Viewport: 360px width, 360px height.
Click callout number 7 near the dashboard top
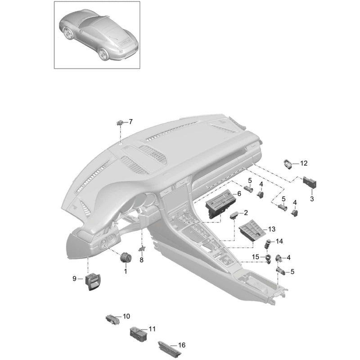point(130,121)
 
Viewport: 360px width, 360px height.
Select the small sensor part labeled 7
point(120,122)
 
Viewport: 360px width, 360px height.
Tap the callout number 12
point(303,163)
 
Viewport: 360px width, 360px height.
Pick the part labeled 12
point(288,164)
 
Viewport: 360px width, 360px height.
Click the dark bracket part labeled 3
point(310,183)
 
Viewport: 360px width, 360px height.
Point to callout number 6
point(239,194)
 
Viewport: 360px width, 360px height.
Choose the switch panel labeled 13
point(252,230)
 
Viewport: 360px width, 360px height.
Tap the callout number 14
point(279,241)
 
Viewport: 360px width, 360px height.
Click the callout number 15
point(256,257)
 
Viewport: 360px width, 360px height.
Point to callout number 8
point(141,260)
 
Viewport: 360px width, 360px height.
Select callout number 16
point(182,345)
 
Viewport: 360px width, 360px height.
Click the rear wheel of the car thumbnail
point(103,54)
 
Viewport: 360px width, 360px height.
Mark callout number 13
point(272,229)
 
